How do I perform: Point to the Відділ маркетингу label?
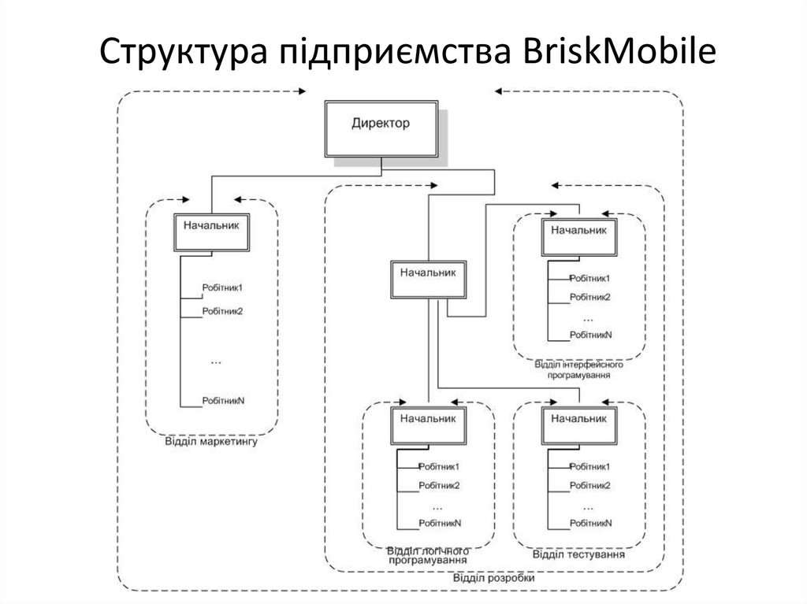point(211,443)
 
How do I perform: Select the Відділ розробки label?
point(493,578)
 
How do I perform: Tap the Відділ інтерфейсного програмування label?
point(578,371)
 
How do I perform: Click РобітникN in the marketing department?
point(223,400)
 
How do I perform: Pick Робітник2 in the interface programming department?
point(590,297)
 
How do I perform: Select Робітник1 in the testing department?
point(590,466)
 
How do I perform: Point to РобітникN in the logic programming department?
point(440,523)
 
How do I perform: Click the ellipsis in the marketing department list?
point(217,361)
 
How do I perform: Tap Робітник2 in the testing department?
point(590,485)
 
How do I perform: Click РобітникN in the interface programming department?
point(591,335)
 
